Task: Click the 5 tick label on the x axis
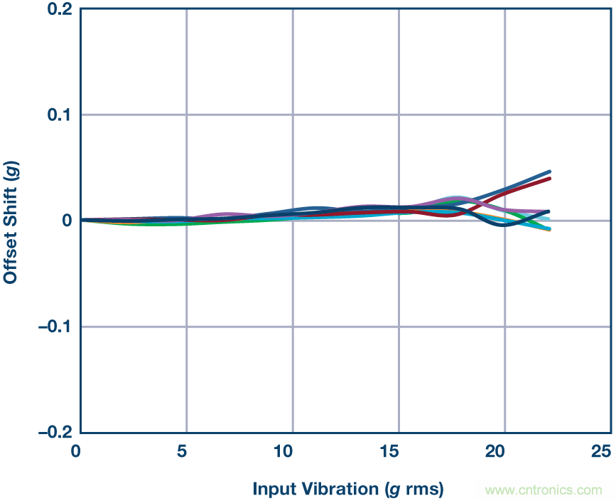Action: pos(185,451)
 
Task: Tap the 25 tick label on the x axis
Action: pos(601,451)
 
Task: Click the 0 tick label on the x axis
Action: pos(80,451)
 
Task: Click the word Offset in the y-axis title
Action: pos(11,258)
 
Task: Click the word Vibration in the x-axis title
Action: pos(339,489)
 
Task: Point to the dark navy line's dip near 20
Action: pos(503,225)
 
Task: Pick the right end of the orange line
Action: pos(549,231)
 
